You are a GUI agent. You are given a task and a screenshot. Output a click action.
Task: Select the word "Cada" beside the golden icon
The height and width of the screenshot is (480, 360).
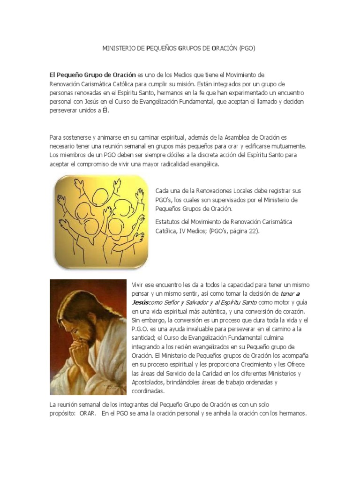(x=162, y=191)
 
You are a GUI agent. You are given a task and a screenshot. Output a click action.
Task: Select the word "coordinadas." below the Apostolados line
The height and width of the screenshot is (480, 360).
(x=148, y=391)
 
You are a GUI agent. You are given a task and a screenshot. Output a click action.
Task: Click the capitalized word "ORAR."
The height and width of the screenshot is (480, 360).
(x=89, y=413)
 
